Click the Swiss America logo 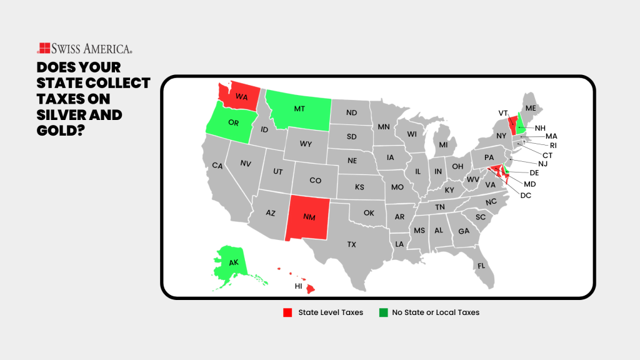(84, 49)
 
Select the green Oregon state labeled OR (234, 122)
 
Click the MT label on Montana (299, 108)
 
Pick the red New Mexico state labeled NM (309, 217)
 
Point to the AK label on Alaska (233, 262)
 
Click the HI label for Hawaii (299, 286)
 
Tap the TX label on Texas (352, 244)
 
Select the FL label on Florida (481, 266)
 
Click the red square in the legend (287, 312)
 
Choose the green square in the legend (382, 312)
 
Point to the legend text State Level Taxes (331, 312)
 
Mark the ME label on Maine (531, 108)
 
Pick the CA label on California (217, 166)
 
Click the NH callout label (540, 127)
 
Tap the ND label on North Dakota (351, 113)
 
